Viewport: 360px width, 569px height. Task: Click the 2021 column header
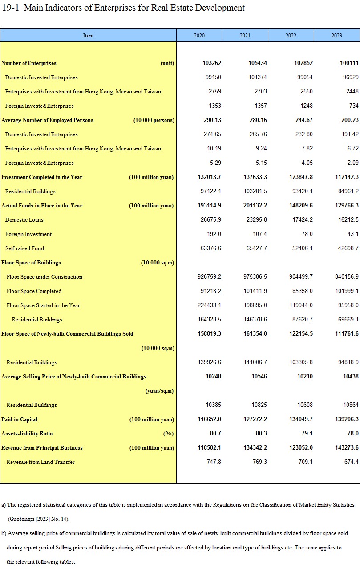(245, 36)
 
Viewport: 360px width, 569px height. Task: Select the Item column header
(88, 36)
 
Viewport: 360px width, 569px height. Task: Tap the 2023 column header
(336, 36)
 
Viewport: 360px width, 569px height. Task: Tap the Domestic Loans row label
(24, 220)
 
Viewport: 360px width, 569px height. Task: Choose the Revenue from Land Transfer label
(40, 462)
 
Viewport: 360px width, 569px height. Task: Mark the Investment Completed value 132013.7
(209, 177)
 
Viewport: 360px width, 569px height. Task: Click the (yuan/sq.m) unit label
(159, 391)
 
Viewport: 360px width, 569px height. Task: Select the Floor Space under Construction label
(44, 277)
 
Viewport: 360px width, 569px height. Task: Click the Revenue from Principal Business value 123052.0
(301, 448)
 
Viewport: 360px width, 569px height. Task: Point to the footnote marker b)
(4, 533)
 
